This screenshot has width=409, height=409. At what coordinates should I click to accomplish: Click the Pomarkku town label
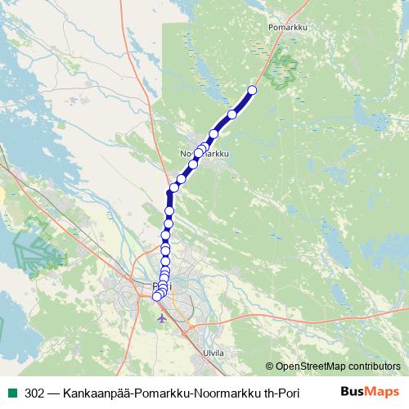(x=286, y=26)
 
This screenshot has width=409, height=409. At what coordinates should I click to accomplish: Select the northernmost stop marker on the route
(x=252, y=91)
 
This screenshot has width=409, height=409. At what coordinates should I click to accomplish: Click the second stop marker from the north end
(x=232, y=115)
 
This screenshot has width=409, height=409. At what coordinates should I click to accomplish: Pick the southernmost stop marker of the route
(x=157, y=296)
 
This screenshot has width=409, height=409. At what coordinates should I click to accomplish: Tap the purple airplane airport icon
(x=161, y=317)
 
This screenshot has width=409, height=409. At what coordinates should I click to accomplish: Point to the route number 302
(x=35, y=392)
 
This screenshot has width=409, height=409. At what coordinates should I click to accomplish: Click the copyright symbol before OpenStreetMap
(x=271, y=366)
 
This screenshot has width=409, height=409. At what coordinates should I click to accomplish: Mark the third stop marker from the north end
(x=215, y=134)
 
